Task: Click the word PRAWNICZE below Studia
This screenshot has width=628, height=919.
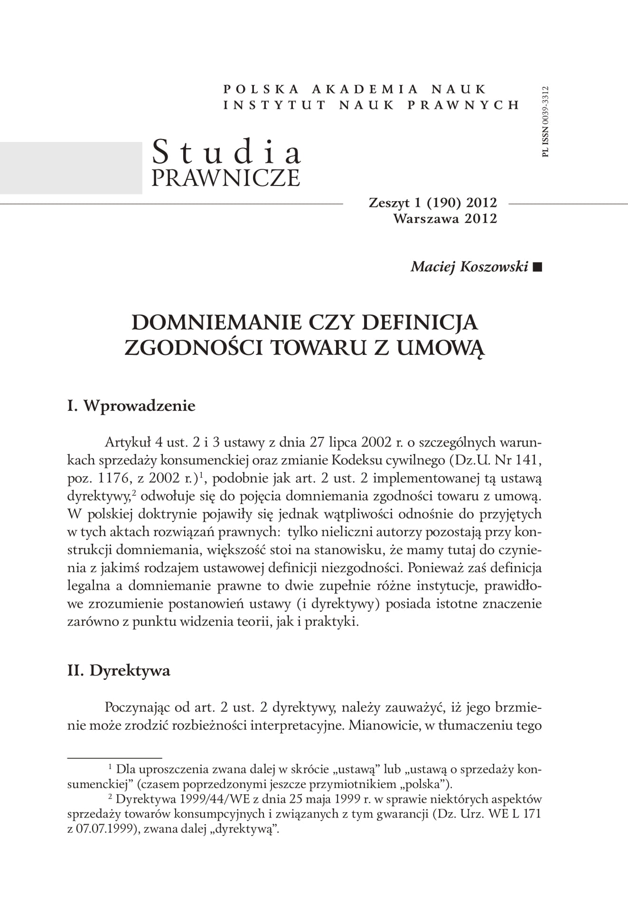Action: tap(226, 178)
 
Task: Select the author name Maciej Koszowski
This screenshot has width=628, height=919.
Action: tap(469, 267)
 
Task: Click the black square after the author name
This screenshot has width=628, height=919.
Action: tap(537, 268)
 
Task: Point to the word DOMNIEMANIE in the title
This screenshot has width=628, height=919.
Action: tap(216, 323)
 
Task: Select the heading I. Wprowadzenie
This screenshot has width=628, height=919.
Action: tap(131, 406)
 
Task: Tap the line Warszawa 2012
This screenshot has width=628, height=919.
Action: tap(445, 219)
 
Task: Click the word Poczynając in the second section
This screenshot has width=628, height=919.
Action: tap(138, 708)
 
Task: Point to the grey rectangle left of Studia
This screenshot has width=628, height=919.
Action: tap(71, 168)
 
